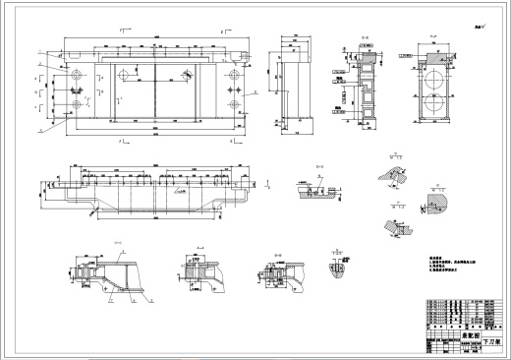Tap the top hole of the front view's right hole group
coord(233,74)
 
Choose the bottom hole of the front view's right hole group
coord(233,104)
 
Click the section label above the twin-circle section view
coord(432,41)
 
